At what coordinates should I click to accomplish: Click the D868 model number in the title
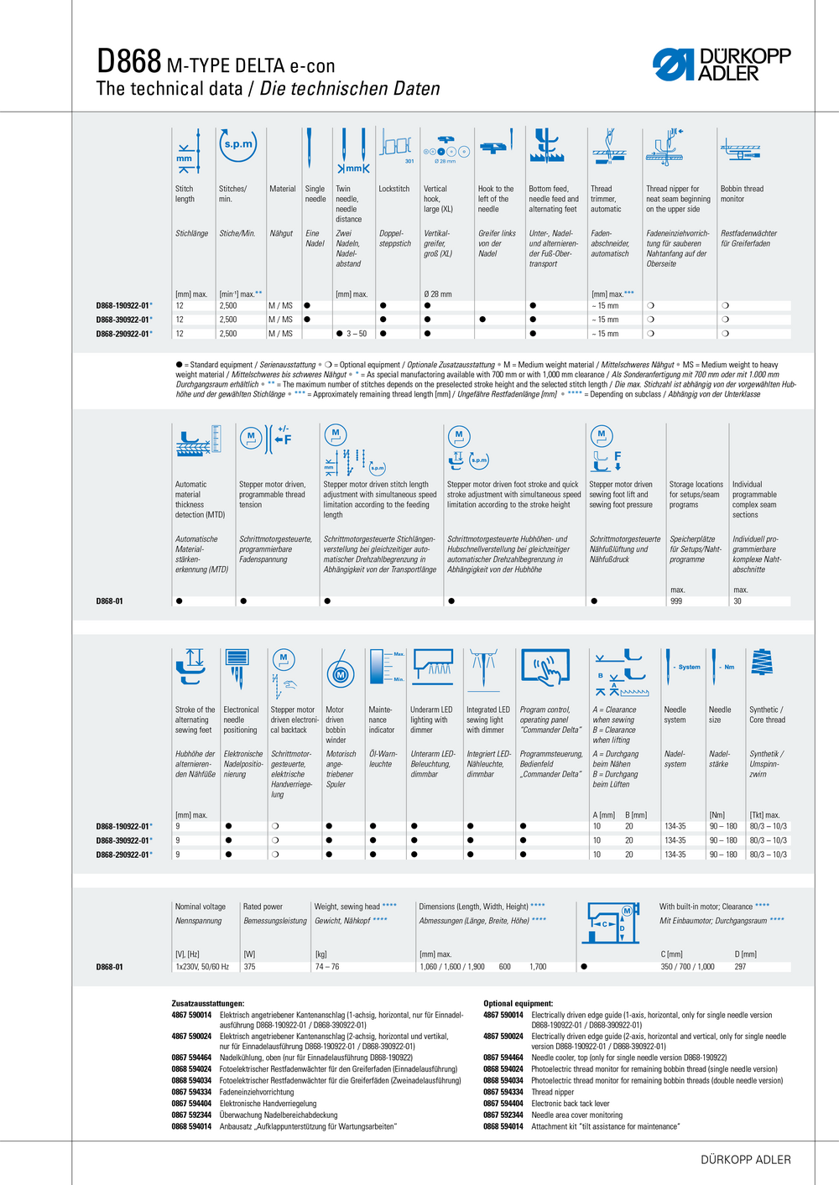pyautogui.click(x=128, y=61)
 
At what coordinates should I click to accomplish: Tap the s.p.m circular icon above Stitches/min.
pyautogui.click(x=237, y=144)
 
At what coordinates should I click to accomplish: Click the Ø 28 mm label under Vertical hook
pyautogui.click(x=437, y=294)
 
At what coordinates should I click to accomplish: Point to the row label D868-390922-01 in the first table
pyautogui.click(x=122, y=320)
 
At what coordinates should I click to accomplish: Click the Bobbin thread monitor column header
pyautogui.click(x=742, y=194)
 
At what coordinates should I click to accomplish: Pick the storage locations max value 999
pyautogui.click(x=676, y=601)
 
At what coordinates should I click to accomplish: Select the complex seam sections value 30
pyautogui.click(x=737, y=601)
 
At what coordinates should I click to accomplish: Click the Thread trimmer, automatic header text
pyautogui.click(x=607, y=199)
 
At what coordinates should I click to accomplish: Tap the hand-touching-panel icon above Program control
pyautogui.click(x=546, y=668)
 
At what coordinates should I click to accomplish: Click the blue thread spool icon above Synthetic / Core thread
pyautogui.click(x=761, y=663)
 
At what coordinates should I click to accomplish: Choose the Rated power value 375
pyautogui.click(x=249, y=967)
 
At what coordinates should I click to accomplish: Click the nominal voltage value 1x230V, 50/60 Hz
pyautogui.click(x=201, y=967)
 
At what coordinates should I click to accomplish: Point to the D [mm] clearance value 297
pyautogui.click(x=740, y=967)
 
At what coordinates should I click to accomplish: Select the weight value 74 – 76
pyautogui.click(x=327, y=967)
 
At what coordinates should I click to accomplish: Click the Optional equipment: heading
pyautogui.click(x=518, y=1004)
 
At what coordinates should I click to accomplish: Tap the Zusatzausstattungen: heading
pyautogui.click(x=208, y=1004)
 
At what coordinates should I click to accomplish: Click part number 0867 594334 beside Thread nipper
pyautogui.click(x=503, y=1092)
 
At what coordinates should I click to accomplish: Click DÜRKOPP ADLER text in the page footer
pyautogui.click(x=746, y=1160)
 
